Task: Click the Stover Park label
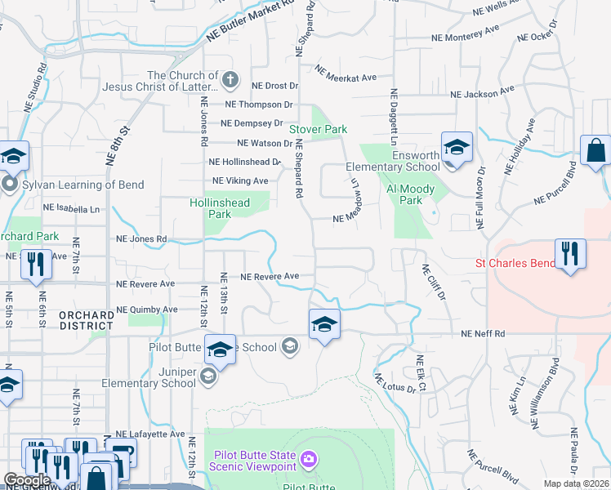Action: click(x=318, y=129)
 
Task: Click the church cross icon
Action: click(x=230, y=81)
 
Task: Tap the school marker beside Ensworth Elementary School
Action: click(x=457, y=149)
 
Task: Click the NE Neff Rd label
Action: click(x=483, y=334)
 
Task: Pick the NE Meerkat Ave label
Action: click(x=345, y=78)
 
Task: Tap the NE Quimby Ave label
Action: click(x=147, y=310)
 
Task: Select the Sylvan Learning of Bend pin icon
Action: click(x=9, y=184)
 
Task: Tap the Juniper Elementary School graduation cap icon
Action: click(x=208, y=376)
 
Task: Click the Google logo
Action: click(x=26, y=480)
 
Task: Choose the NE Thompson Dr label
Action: click(x=258, y=105)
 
